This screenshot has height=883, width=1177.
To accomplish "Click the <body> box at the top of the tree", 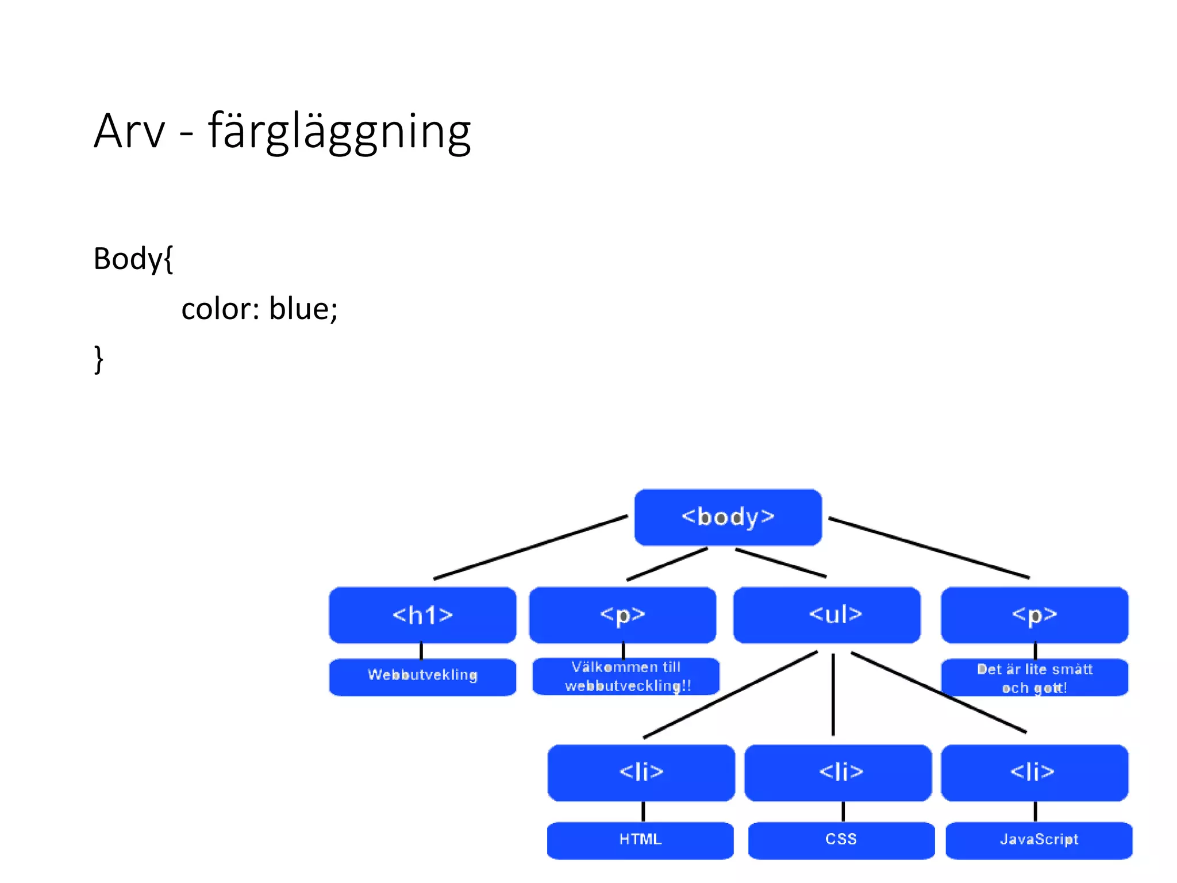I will (728, 517).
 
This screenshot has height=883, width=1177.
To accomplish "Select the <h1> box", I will (422, 615).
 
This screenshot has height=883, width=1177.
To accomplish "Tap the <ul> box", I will (826, 615).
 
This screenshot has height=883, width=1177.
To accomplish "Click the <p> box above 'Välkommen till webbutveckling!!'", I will (622, 615).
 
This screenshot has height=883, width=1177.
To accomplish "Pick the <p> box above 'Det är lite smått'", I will (1034, 615).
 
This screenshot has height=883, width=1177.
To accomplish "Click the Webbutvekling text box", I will (422, 676).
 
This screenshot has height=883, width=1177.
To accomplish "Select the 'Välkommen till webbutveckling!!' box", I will (626, 677).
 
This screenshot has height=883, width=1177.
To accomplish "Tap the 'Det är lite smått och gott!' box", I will (1034, 678).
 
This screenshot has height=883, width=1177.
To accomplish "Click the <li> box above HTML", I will (641, 772).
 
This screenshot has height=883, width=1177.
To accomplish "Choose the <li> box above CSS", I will (838, 772).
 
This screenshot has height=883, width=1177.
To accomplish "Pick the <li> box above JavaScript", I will (1034, 772).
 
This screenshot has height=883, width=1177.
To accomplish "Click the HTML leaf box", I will (640, 840).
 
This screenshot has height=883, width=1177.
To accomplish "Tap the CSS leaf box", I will (841, 840).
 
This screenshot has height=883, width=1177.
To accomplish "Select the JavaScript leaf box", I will (1038, 840).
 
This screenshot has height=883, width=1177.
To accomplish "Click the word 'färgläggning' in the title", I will (339, 132).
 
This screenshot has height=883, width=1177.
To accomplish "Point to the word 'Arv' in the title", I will (129, 132).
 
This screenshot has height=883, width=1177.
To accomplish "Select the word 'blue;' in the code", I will (303, 309).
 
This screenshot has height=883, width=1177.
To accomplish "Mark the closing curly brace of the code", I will (99, 359).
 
